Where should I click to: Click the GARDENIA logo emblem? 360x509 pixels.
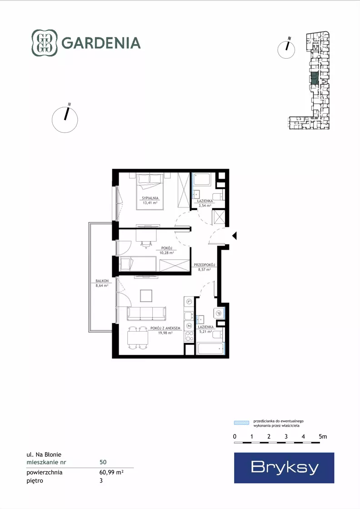pos(45,43)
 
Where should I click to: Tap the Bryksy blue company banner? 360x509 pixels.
pos(284,468)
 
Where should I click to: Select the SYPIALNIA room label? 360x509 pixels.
pos(150,198)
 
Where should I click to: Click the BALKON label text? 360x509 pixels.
pos(102,281)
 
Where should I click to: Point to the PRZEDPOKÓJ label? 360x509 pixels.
pos(205,265)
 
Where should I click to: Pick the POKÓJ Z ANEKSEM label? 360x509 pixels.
pos(165,328)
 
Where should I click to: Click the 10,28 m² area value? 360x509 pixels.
pos(167,253)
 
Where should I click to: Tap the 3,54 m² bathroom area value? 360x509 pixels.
pos(205,206)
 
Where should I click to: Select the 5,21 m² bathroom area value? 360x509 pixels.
pos(205,332)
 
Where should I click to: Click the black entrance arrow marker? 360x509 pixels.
pos(235,236)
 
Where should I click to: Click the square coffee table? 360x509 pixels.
pos(146,296)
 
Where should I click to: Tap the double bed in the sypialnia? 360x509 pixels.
pos(150,192)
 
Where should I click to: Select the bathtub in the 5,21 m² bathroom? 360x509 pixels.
pos(210,348)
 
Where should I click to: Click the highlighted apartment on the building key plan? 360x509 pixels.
pos(314,79)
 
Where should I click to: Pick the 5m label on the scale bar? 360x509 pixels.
pos(323,437)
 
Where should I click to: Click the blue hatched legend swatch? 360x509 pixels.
pos(242,423)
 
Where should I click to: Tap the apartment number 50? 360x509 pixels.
pos(103,462)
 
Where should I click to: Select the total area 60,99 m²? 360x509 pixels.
pos(111,472)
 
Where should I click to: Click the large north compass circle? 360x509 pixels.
pos(65,120)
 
